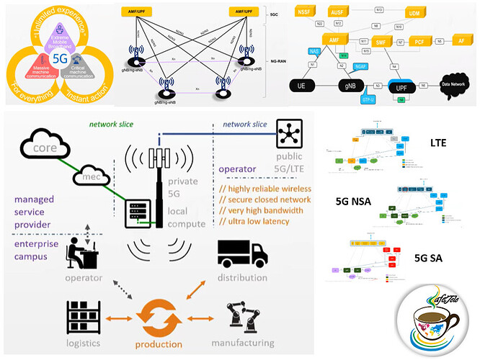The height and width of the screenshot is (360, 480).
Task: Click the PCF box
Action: pyautogui.click(x=419, y=42)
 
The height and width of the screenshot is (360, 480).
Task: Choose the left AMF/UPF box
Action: pyautogui.click(x=139, y=12)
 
